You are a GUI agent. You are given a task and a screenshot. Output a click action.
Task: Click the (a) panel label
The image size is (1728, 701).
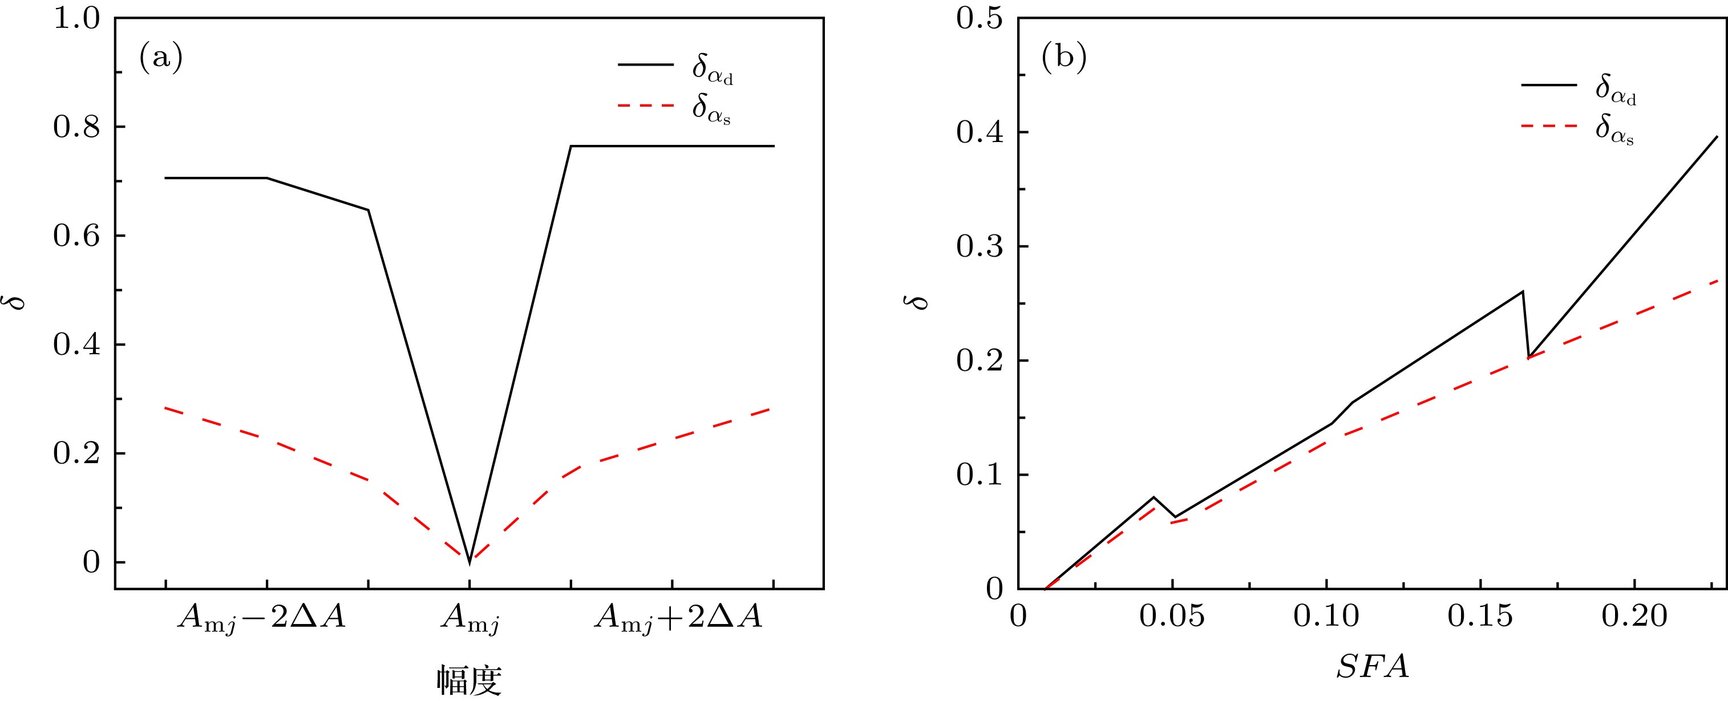(x=160, y=58)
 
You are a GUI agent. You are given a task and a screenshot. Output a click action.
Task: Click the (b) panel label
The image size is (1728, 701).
(x=1063, y=58)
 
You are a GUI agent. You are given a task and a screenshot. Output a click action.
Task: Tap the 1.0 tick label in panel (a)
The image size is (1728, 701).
(x=76, y=19)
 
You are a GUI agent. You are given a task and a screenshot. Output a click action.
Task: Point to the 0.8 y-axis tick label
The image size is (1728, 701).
(x=76, y=127)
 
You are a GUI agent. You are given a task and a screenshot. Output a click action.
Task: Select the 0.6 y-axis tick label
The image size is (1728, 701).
(x=76, y=236)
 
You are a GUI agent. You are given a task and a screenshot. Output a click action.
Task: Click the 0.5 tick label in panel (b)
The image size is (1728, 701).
(x=980, y=19)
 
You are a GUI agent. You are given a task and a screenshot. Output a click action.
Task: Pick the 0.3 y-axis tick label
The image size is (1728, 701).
(x=980, y=247)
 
